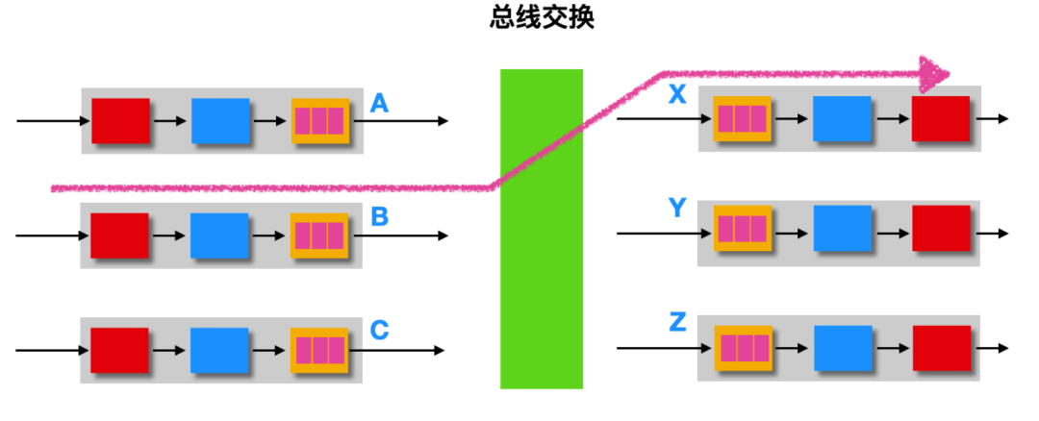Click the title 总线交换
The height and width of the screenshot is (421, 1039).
point(542,17)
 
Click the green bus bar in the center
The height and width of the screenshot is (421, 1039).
point(542,229)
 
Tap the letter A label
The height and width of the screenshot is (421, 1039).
point(378,103)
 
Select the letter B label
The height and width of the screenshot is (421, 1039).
point(379,216)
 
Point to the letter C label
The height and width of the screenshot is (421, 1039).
point(379,330)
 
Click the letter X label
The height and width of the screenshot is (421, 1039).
point(676,95)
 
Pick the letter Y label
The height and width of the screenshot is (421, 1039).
point(676,209)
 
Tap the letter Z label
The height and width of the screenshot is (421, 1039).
point(677,322)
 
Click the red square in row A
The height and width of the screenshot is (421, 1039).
point(120,120)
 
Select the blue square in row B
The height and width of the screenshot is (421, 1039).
point(219,235)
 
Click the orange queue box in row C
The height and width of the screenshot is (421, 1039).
point(319,350)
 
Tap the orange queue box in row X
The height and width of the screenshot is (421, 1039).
point(742,118)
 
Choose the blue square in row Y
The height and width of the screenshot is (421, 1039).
point(843,229)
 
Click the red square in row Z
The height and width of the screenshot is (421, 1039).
point(942,348)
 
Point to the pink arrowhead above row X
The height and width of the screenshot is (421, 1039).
point(933,73)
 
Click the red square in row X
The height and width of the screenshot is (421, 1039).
point(941,118)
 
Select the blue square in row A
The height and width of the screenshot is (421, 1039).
point(220,120)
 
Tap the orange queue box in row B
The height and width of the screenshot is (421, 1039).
point(319,235)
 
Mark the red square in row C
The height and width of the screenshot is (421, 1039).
point(120,350)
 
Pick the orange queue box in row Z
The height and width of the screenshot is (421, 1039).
point(744,348)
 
